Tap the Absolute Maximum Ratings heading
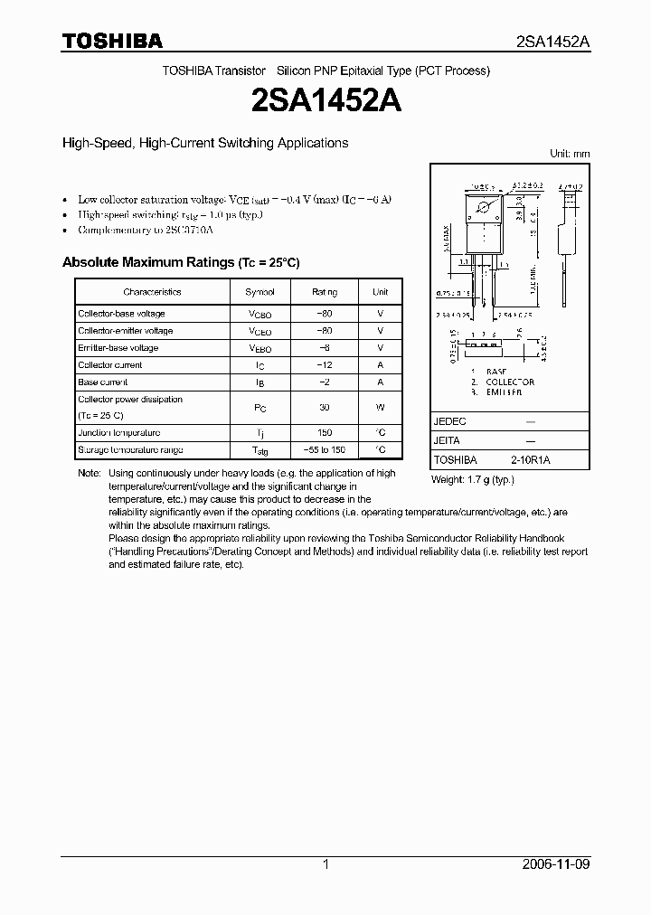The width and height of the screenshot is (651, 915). click(x=180, y=262)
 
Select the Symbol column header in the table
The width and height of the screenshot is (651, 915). click(x=260, y=292)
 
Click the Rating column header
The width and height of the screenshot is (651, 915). click(x=325, y=292)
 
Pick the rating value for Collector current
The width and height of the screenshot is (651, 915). click(x=325, y=365)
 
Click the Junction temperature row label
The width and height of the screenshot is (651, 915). click(x=119, y=433)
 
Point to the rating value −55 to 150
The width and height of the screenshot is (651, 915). click(x=325, y=450)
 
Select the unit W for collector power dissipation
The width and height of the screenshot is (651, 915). click(x=381, y=408)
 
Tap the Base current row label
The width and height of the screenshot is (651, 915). click(x=103, y=382)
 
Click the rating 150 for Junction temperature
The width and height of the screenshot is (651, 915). click(x=325, y=433)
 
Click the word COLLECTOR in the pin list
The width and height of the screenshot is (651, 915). click(x=511, y=382)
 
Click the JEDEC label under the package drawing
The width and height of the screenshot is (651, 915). click(x=448, y=421)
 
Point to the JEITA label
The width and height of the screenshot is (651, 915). click(x=447, y=440)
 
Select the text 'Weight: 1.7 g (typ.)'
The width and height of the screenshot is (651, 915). click(x=473, y=479)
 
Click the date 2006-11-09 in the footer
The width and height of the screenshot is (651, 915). click(x=556, y=864)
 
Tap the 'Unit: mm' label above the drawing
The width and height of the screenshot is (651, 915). click(x=570, y=154)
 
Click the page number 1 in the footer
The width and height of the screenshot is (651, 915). click(x=325, y=864)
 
